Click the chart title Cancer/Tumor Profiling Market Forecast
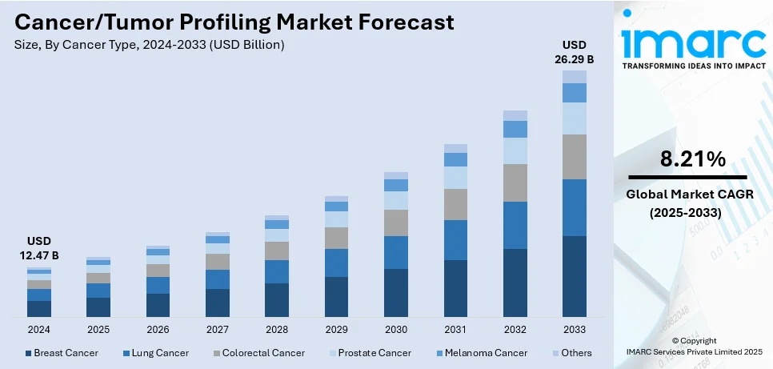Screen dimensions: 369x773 [x=234, y=22]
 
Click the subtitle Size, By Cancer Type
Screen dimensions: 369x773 [x=149, y=45]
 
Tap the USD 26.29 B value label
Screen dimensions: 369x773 [x=574, y=51]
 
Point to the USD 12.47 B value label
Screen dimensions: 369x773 [x=38, y=248]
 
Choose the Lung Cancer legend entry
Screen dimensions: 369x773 [x=156, y=353]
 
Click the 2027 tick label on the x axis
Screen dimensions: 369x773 [x=217, y=329]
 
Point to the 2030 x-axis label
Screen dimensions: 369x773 [x=395, y=329]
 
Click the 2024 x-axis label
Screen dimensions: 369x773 [x=38, y=329]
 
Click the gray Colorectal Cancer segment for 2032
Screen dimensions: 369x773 [x=515, y=182]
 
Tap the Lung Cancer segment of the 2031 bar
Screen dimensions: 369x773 [x=455, y=240]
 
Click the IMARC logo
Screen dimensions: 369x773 [x=693, y=44]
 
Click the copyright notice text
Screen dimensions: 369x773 [x=693, y=346]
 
